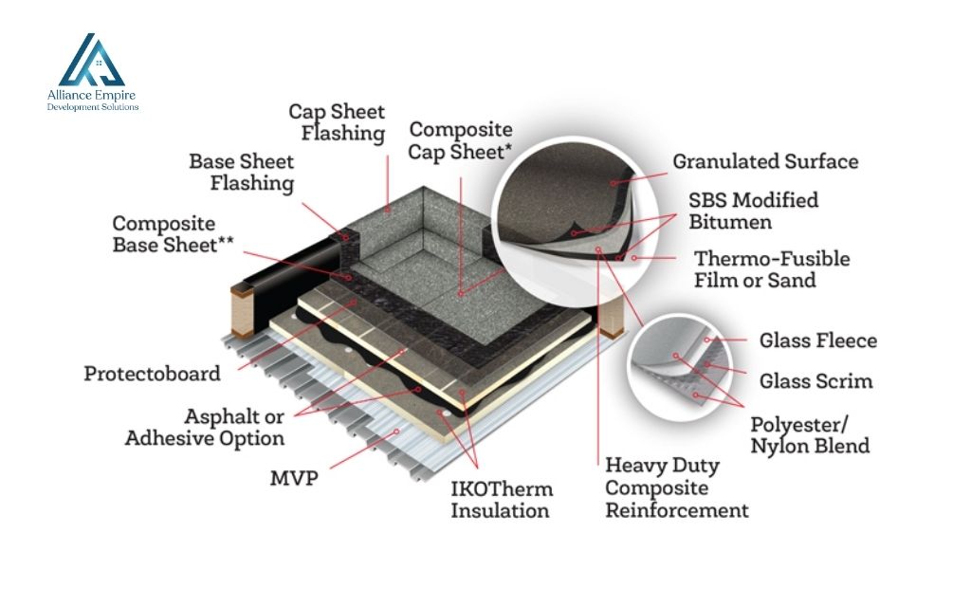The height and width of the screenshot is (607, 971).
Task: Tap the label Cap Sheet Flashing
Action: point(337,123)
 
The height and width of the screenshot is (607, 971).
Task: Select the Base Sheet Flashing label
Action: point(242,172)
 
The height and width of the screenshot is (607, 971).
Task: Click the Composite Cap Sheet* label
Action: point(461,138)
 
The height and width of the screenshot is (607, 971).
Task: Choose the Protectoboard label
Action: point(152,373)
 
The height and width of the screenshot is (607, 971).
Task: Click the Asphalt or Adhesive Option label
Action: point(205,427)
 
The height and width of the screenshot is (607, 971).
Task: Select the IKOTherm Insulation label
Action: point(501,500)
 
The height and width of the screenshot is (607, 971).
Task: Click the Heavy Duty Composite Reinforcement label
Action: point(676,488)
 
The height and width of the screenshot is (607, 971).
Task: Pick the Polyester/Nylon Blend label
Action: point(809,434)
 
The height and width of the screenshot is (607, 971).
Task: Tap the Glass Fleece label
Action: point(817,340)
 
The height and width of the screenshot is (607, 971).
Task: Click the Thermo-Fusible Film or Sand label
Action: point(771,269)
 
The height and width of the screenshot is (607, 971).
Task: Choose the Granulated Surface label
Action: point(765,162)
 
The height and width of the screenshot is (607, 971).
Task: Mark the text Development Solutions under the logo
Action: point(92,107)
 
